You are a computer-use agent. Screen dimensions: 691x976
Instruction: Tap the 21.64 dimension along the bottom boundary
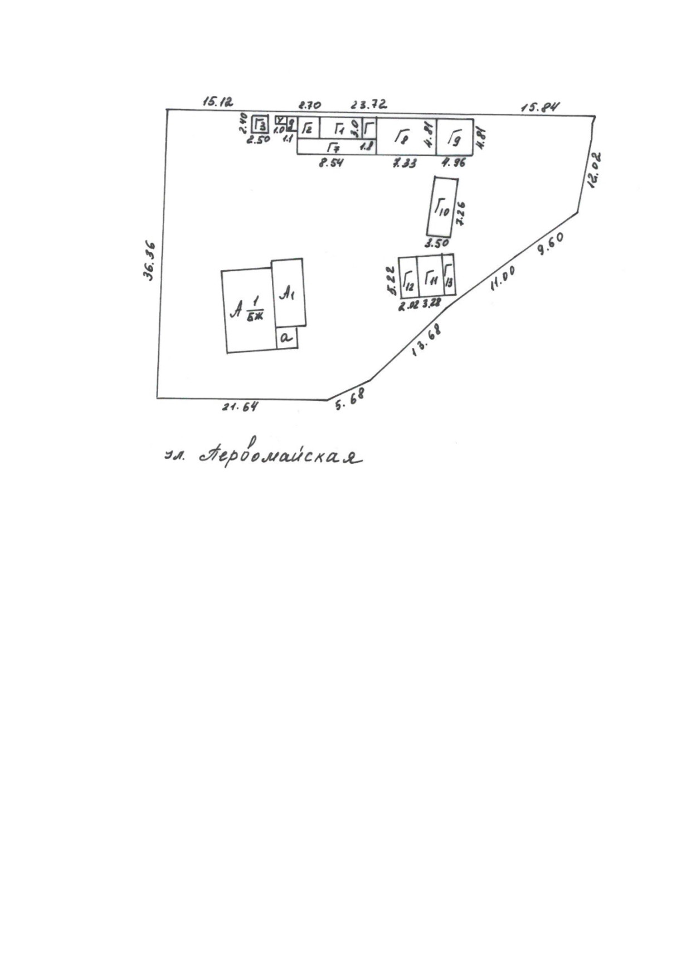[240, 407]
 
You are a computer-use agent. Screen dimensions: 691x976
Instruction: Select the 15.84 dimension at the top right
[539, 107]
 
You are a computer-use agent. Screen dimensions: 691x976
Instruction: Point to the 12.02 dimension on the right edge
[594, 170]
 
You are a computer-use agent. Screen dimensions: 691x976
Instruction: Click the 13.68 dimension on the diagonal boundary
[426, 340]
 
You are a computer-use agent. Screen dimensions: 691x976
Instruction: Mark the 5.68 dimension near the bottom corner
[349, 399]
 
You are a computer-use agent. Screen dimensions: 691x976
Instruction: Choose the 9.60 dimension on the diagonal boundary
[550, 243]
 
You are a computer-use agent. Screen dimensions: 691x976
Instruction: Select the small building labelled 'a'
[286, 337]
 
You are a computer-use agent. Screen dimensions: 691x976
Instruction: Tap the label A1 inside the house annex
[287, 293]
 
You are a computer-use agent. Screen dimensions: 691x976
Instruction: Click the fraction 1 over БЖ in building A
[256, 310]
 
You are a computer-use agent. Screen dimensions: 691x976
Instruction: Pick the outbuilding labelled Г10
[441, 207]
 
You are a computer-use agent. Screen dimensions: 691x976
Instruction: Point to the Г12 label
[408, 280]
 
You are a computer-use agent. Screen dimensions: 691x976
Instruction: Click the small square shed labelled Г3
[260, 124]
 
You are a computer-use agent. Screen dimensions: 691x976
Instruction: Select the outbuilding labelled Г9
[455, 136]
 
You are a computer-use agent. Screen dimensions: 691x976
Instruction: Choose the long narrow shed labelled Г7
[334, 148]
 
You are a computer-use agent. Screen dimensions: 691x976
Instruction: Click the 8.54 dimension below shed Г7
[331, 163]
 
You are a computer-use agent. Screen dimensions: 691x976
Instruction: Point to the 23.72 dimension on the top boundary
[368, 104]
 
